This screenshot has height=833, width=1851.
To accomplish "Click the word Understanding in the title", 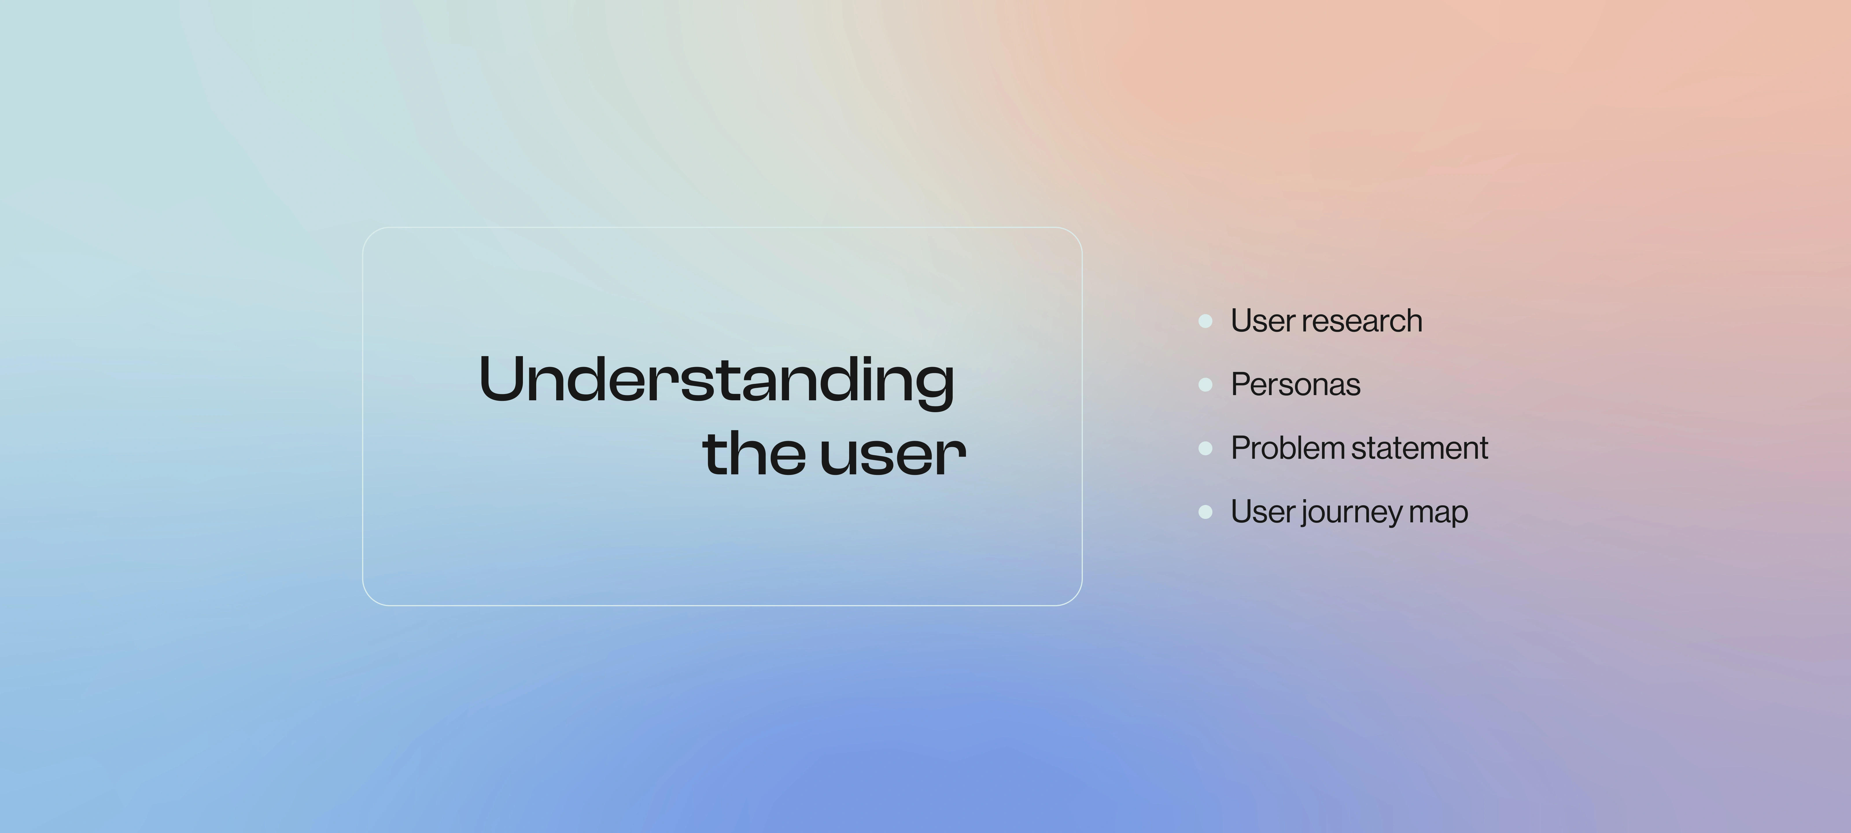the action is [x=716, y=381].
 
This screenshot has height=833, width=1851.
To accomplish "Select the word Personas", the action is [x=1296, y=384].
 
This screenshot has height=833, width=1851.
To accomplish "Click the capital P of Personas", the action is [x=1242, y=384].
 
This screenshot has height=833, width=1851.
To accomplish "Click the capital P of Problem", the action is [x=1242, y=448].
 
